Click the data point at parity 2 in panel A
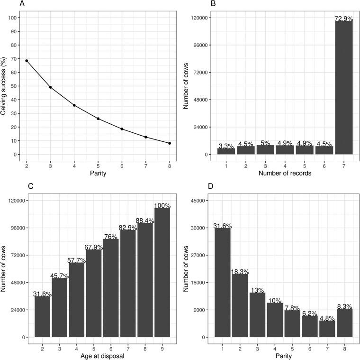tap(27, 61)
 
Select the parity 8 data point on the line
tap(170, 143)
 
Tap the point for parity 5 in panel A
tap(98, 119)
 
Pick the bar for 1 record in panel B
tap(226, 151)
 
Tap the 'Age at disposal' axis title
tap(98, 356)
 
